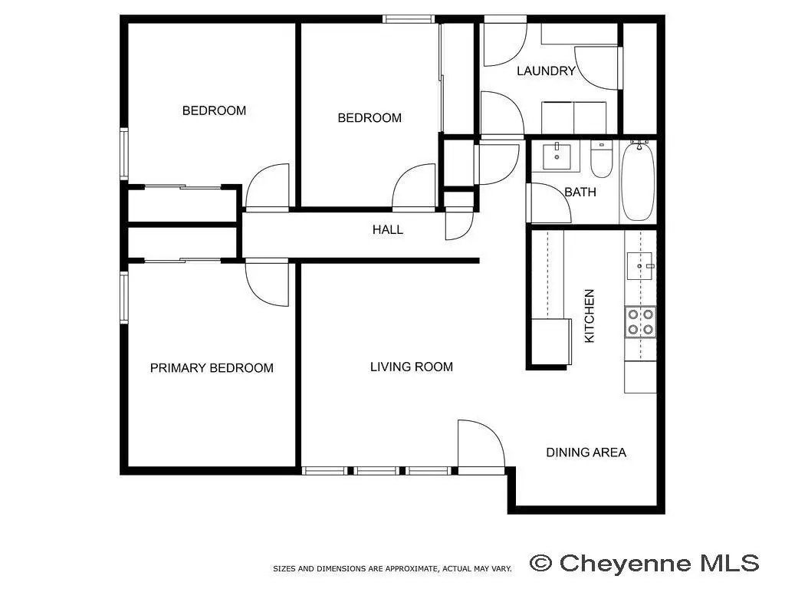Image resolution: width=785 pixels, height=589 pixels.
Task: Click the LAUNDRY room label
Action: pos(546,71)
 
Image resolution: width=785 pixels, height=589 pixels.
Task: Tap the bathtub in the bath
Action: pos(638,181)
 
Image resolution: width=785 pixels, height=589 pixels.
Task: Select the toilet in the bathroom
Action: pos(601,160)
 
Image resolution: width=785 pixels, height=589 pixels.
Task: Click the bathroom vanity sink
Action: pos(557,156)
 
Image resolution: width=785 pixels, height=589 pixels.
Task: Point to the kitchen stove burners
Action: pos(640,321)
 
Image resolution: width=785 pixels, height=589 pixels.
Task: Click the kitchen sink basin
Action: pos(640,266)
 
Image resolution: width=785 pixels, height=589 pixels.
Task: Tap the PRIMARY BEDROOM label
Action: pos(212,368)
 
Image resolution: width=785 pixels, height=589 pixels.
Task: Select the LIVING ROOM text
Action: pos(412,367)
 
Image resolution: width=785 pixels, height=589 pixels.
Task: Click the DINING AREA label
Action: pos(586,452)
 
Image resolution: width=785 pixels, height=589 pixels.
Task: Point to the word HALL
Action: pos(387,230)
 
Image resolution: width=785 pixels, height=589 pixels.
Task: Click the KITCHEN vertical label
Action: pos(590,316)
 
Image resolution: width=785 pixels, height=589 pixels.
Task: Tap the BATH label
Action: pos(580,192)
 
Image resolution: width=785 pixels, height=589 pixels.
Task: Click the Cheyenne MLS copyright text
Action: pos(645,563)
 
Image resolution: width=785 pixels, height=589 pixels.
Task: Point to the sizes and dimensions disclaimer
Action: pos(392,569)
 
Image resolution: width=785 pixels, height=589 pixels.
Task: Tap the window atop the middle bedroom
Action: pos(409,19)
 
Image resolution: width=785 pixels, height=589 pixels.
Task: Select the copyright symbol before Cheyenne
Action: pos(541,564)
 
